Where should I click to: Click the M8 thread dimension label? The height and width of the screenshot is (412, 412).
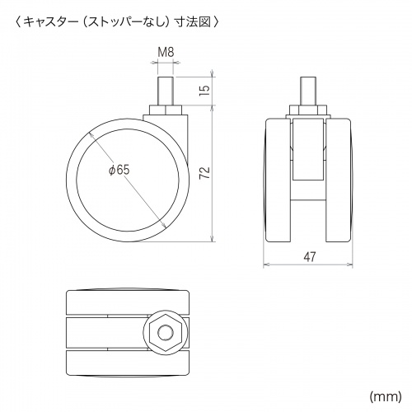pyautogui.click(x=166, y=52)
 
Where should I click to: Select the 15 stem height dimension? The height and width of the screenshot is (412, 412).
pyautogui.click(x=204, y=90)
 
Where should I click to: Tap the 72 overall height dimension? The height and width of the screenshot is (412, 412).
pyautogui.click(x=204, y=173)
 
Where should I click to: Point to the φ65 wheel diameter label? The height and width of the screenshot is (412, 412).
pyautogui.click(x=119, y=171)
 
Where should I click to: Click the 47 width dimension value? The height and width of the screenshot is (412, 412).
pyautogui.click(x=310, y=257)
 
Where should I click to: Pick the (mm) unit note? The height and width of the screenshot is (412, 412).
pyautogui.click(x=386, y=396)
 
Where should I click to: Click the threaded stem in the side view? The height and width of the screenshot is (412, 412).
pyautogui.click(x=166, y=91)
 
